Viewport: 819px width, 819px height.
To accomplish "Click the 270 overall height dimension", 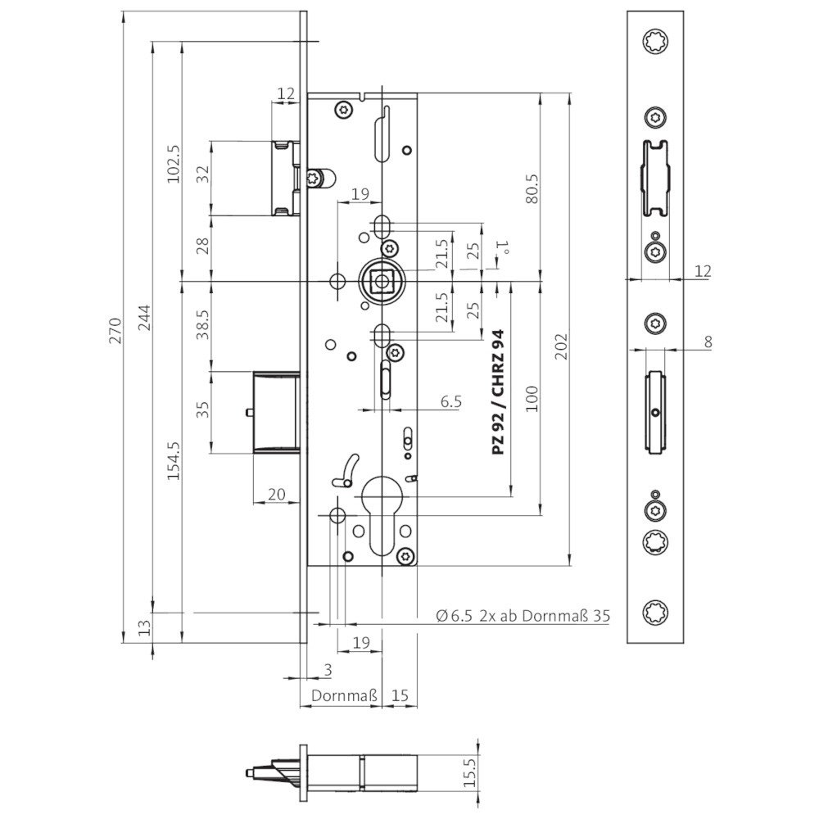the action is [115, 330].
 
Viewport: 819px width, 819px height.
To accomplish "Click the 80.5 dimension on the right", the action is [532, 188].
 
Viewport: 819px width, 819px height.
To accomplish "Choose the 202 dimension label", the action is [561, 346].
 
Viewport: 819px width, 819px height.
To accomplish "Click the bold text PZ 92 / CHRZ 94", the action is [499, 391].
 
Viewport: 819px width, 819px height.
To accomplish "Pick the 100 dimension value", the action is [532, 399].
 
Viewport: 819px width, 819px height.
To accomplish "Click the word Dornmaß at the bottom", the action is [344, 695].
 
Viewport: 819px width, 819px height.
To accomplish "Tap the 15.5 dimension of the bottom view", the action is [470, 773].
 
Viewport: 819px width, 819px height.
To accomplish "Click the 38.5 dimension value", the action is [202, 325].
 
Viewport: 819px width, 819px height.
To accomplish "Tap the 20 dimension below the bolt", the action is [276, 494].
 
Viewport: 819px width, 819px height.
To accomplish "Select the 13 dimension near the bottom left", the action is [144, 627].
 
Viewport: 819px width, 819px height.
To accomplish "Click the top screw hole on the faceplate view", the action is [655, 41].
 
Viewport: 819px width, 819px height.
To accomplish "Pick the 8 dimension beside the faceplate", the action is [708, 342].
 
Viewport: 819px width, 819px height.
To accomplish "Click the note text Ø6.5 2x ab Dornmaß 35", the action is [523, 616].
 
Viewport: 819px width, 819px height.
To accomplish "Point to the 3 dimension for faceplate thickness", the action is [328, 670].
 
